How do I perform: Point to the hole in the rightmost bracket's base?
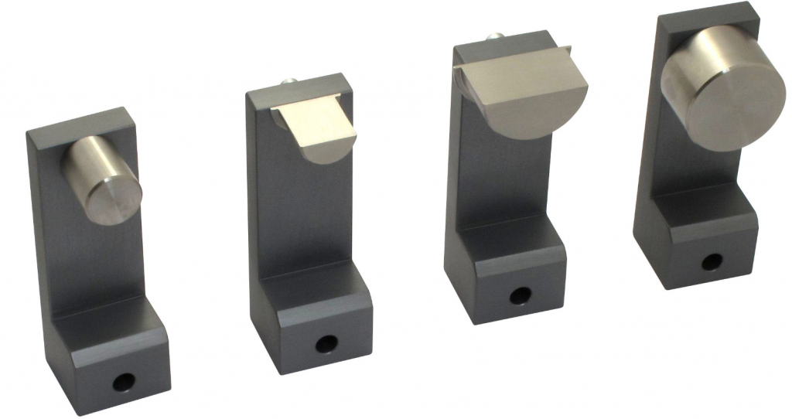[711, 261]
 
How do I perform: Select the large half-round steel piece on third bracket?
[517, 93]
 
